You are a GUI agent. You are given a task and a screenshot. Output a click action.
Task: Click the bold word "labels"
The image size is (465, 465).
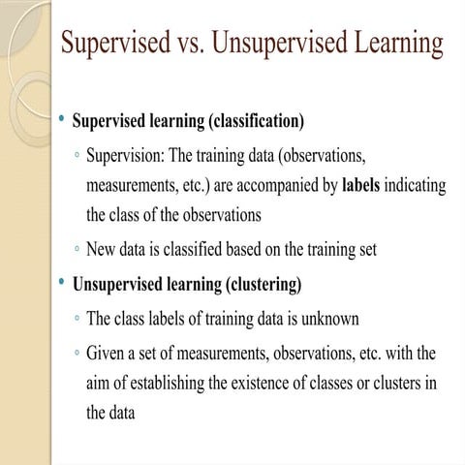[x=361, y=185]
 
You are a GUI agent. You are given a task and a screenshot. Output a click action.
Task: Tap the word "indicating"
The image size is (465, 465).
[x=417, y=185]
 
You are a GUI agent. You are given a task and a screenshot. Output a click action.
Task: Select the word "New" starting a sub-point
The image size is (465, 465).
[x=102, y=249]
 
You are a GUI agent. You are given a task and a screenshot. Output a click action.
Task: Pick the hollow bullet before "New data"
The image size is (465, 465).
[x=75, y=250]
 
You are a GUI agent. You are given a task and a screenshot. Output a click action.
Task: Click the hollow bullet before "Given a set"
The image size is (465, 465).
[x=75, y=352]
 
